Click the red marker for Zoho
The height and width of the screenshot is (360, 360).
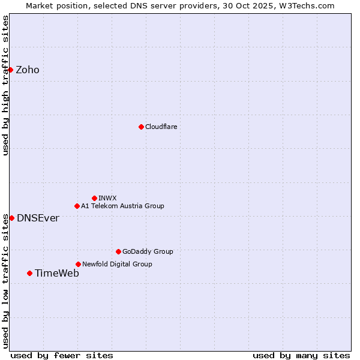(11, 70)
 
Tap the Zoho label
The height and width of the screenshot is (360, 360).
(28, 70)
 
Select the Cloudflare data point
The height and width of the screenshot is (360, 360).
(141, 127)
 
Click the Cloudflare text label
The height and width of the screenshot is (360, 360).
(161, 127)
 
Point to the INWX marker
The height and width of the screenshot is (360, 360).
(94, 198)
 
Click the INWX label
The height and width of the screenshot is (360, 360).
(107, 198)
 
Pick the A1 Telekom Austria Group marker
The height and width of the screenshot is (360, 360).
(77, 206)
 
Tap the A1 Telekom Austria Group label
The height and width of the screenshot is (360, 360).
(122, 206)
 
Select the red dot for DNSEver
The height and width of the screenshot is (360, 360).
(11, 218)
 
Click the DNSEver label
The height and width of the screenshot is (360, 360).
(38, 218)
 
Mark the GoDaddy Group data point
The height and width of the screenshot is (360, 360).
(118, 251)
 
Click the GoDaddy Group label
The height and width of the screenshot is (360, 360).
(148, 251)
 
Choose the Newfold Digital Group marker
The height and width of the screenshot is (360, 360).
(78, 264)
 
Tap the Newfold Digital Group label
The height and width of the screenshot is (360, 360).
(117, 264)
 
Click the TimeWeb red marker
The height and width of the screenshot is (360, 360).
(29, 273)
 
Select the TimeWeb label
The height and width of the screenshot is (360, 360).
(57, 274)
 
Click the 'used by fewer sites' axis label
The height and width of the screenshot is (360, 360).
(62, 355)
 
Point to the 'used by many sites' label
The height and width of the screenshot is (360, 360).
(301, 355)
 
